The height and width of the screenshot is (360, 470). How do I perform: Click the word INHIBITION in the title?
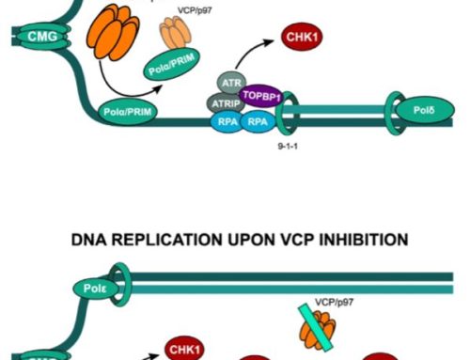358,241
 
